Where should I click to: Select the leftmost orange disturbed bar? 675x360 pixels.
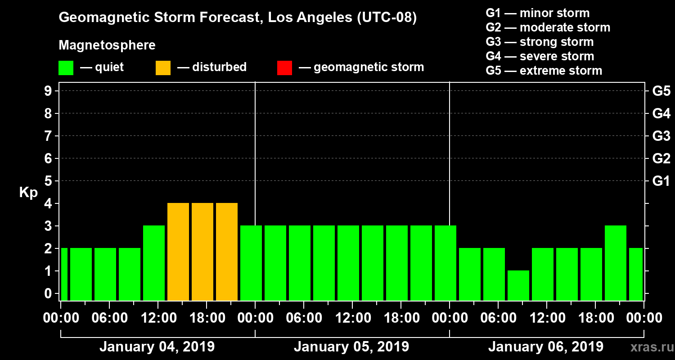[x=178, y=252]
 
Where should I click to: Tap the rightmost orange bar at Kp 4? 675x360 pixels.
[x=227, y=252]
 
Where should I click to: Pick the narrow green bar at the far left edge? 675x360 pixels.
[x=64, y=274]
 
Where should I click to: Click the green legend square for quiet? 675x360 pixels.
[x=66, y=68]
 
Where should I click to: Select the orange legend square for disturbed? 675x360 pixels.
[x=163, y=68]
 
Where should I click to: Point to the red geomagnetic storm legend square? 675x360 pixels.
[x=284, y=68]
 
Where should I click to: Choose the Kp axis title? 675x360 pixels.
[x=28, y=193]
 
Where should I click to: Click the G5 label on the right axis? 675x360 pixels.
[x=661, y=91]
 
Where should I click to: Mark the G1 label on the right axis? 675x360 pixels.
[x=661, y=181]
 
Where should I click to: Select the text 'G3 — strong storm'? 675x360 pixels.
[x=540, y=42]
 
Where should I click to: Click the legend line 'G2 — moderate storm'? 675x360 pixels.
[x=548, y=27]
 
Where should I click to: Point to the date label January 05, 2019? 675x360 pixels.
[x=351, y=347]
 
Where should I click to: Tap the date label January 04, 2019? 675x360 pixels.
[x=157, y=347]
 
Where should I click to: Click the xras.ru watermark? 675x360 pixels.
[x=650, y=347]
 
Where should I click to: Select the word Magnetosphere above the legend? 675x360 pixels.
[x=107, y=45]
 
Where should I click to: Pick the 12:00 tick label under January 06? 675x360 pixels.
[x=546, y=318]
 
